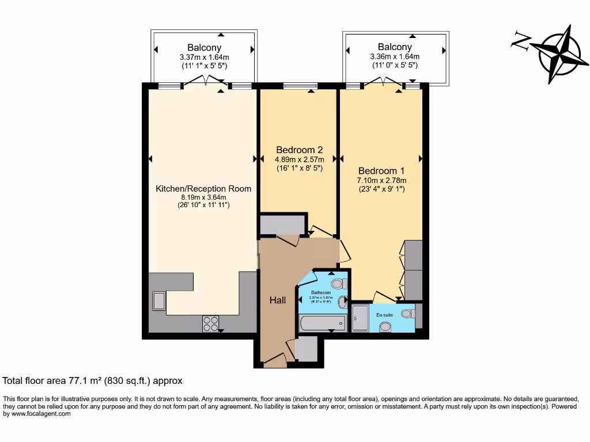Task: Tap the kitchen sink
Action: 158,301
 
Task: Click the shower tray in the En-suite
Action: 360,318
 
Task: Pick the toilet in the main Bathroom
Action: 338,283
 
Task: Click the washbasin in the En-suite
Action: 385,327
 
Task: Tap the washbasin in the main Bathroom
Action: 343,300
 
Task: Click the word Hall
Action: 278,300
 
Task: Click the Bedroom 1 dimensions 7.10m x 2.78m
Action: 381,181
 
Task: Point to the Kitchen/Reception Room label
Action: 203,188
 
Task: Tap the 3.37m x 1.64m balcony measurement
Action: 204,57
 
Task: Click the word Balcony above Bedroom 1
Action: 395,47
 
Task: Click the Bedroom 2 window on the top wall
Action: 300,87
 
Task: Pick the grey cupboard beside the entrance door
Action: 306,349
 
